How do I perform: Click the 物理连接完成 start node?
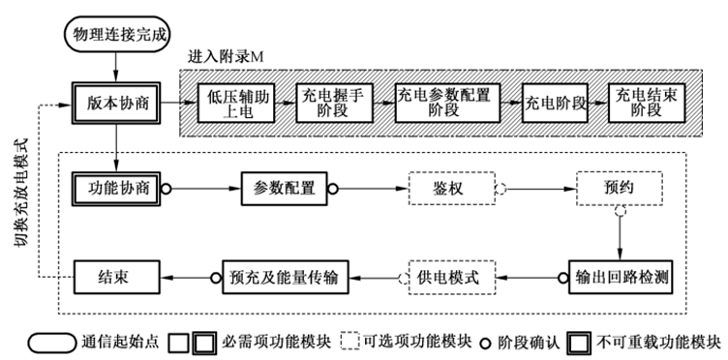pos(115,34)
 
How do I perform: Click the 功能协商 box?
pos(115,188)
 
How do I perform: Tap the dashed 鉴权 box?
pos(451,188)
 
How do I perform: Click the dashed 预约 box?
pos(619,188)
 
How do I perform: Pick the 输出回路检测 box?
pos(619,277)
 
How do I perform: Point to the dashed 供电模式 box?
pos(451,277)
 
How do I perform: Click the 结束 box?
pos(115,277)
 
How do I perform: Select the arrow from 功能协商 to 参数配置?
pos(203,188)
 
